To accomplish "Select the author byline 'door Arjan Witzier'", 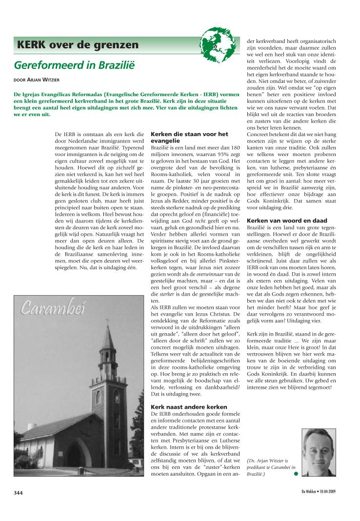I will (36, 80).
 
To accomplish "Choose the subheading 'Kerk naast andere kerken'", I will (182, 406).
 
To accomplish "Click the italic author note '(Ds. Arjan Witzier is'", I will (268, 460).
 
